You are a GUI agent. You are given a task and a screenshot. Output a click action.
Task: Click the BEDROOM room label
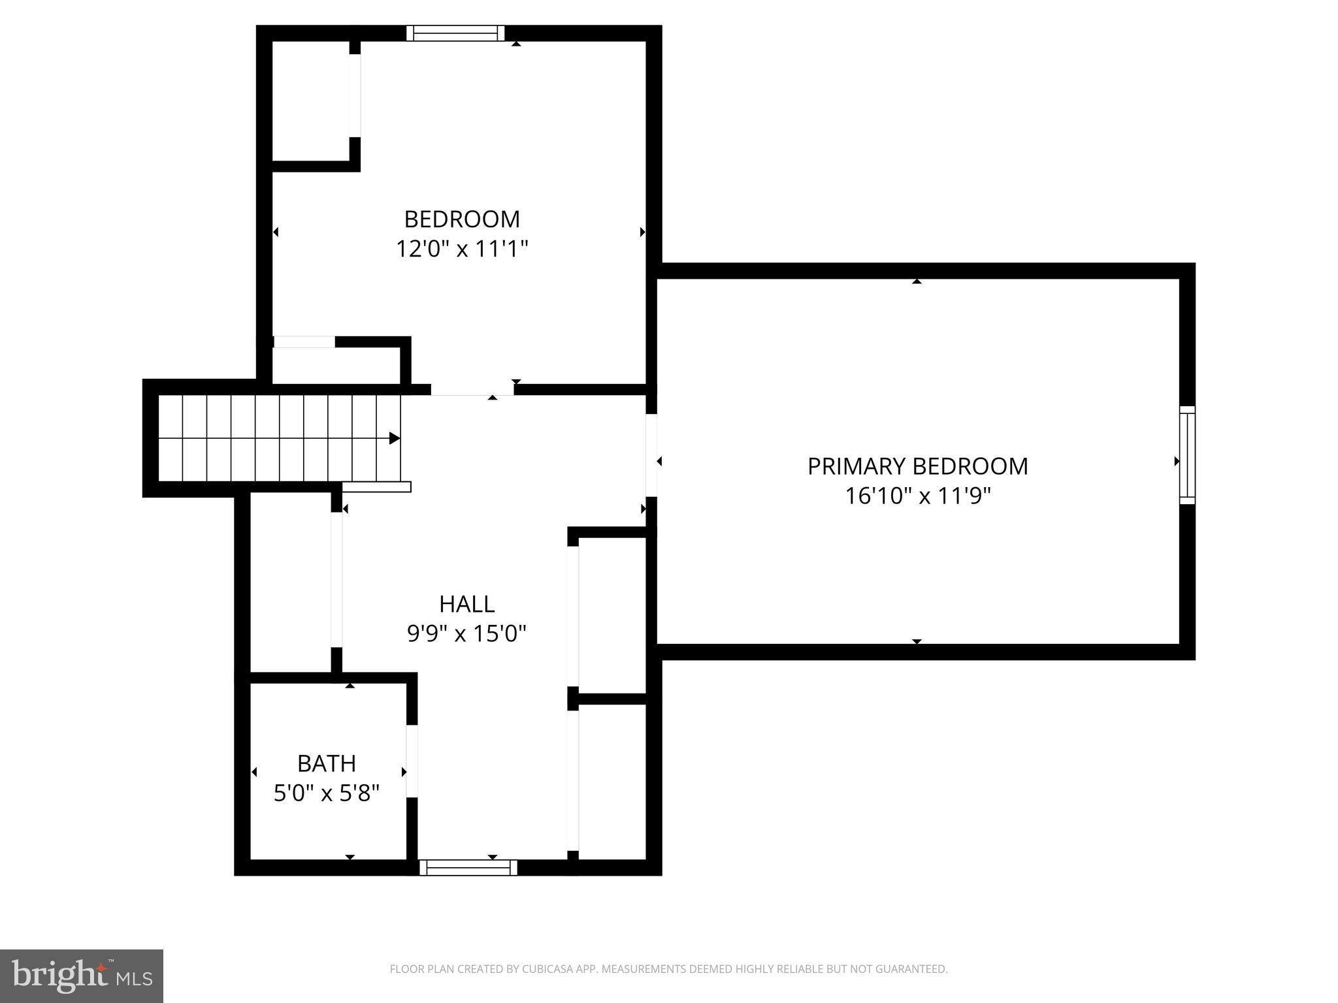[x=462, y=219]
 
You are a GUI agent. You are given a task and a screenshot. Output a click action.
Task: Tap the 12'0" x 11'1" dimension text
[x=462, y=249]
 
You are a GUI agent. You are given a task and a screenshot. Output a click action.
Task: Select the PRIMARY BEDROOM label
[x=917, y=466]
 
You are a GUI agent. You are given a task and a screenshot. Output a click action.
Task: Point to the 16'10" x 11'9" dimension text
[x=917, y=496]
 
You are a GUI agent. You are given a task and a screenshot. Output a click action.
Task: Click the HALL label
[x=466, y=604]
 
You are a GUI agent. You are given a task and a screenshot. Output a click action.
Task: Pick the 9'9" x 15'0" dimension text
[x=466, y=633]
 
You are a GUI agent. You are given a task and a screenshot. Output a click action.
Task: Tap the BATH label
[x=326, y=763]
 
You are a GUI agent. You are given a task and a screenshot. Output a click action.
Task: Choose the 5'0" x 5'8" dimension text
[x=326, y=793]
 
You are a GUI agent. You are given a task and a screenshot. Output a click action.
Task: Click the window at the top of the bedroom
[x=455, y=33]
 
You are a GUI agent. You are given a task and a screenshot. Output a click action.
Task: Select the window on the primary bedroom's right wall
[x=1187, y=455]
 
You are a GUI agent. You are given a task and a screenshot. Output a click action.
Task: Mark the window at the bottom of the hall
[x=468, y=867]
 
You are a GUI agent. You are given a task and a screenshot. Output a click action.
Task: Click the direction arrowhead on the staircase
[x=394, y=438]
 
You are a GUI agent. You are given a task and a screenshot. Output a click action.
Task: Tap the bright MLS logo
[x=81, y=976]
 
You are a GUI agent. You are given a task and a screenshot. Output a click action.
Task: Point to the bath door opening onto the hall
[x=412, y=761]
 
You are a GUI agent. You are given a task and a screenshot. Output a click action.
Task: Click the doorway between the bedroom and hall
[x=472, y=390]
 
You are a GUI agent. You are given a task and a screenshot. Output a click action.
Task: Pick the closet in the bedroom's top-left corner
[x=310, y=100]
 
